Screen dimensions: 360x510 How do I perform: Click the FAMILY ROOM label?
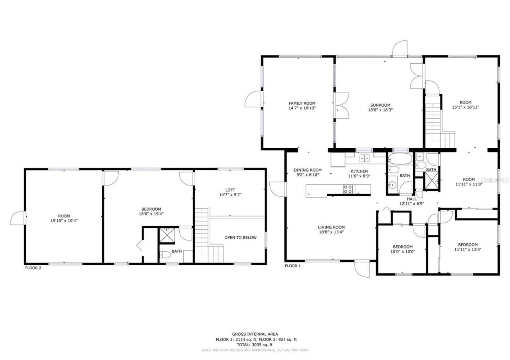click(302, 104)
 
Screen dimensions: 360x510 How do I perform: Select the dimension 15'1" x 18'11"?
click(465, 107)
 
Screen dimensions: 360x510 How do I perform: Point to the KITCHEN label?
click(359, 171)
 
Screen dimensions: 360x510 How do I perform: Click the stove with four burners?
click(347, 189)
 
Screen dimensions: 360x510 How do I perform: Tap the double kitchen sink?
click(365, 158)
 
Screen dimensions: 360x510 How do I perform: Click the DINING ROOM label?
click(308, 170)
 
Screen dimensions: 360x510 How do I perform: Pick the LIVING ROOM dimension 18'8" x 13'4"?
click(331, 232)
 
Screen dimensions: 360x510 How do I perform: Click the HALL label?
click(412, 199)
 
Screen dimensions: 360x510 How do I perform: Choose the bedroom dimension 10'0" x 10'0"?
click(402, 251)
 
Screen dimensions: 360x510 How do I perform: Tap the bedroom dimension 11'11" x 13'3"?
click(467, 250)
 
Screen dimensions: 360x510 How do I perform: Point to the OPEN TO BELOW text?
click(240, 238)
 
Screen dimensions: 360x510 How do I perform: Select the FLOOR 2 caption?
click(33, 268)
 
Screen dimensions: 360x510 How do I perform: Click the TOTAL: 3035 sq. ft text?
click(255, 344)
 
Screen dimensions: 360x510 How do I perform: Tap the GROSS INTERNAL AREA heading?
click(255, 334)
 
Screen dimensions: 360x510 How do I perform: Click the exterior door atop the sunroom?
click(399, 49)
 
